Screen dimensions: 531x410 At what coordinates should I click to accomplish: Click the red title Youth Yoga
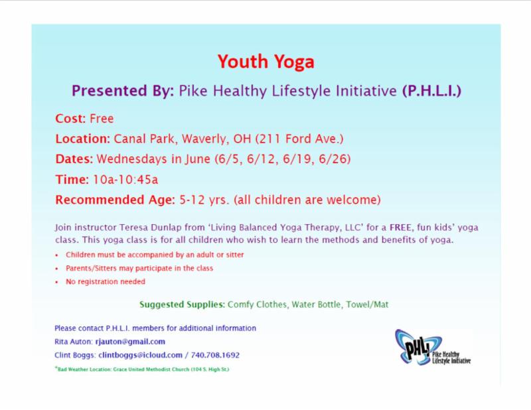[266, 62]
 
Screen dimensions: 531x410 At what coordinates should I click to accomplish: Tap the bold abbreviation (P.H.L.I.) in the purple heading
[432, 91]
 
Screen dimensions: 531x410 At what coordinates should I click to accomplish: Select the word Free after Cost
[102, 119]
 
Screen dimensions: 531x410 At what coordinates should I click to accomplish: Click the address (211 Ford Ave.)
[299, 139]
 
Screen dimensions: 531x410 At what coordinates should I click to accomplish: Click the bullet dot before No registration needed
[57, 282]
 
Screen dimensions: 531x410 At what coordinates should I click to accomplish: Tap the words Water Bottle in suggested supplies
[317, 305]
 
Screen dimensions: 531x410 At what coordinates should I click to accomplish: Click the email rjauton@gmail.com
[130, 342]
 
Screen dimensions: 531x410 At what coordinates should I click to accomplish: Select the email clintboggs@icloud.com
[141, 355]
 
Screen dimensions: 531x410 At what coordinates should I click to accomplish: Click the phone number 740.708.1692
[215, 355]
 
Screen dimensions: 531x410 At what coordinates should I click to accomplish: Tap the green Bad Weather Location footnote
[142, 370]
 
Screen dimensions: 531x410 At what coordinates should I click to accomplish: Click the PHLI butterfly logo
[433, 348]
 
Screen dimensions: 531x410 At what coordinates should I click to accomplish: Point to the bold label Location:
[82, 139]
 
